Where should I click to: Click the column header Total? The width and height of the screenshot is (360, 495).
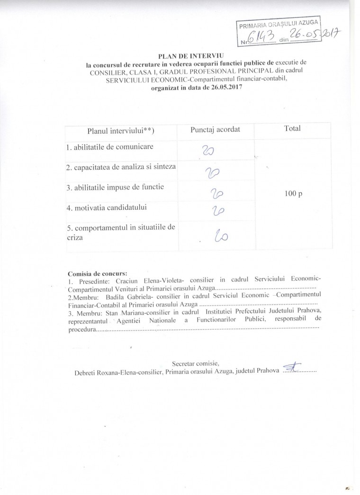point(292,128)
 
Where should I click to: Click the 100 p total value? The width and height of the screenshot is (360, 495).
point(294,193)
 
